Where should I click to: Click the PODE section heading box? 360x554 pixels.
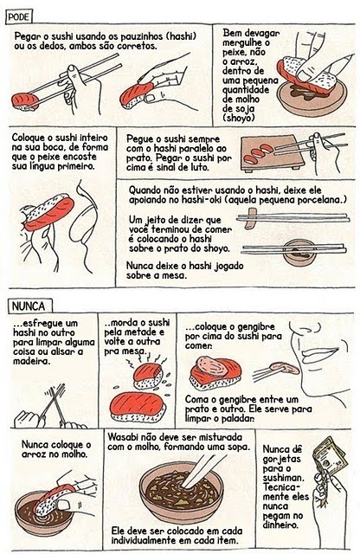click(x=19, y=16)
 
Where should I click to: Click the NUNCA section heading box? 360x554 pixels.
click(x=29, y=306)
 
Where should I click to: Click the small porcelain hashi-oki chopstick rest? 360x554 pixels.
click(x=252, y=218)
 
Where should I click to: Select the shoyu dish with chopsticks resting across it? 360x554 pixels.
click(x=300, y=252)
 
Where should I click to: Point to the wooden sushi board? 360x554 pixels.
click(x=272, y=152)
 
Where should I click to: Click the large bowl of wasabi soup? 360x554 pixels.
click(x=182, y=493)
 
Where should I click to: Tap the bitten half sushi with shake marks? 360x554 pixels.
click(x=147, y=376)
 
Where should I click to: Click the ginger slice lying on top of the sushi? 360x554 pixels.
click(x=211, y=366)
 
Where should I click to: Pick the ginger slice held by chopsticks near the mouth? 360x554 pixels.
click(x=285, y=367)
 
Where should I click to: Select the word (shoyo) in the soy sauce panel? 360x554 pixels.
click(x=239, y=118)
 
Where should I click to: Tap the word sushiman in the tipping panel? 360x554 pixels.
click(x=283, y=478)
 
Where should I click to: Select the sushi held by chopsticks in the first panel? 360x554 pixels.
click(x=25, y=101)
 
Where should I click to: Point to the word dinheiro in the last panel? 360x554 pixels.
click(x=280, y=525)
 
